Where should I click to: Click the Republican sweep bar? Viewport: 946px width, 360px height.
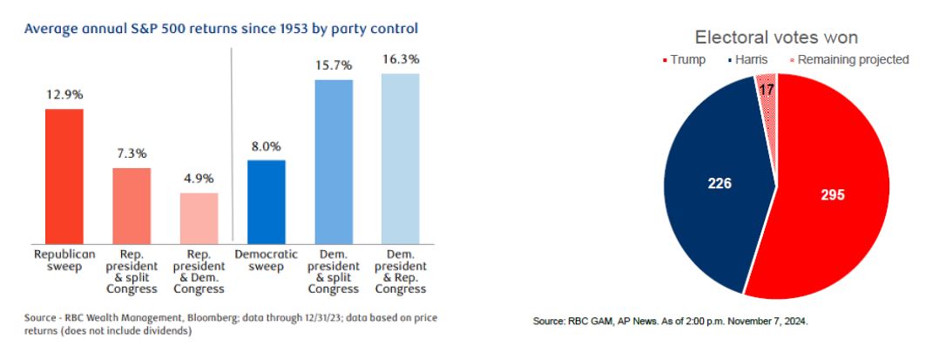(x=64, y=175)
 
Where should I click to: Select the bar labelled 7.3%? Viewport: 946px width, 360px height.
(x=132, y=205)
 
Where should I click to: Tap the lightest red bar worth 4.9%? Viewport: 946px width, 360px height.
(x=199, y=217)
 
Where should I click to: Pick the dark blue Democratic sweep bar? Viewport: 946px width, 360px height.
(x=266, y=200)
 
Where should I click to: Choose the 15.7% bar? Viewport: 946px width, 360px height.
(x=333, y=160)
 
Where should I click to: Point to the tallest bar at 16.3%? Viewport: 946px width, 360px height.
(x=400, y=158)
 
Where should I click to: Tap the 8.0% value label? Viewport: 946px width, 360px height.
(x=266, y=145)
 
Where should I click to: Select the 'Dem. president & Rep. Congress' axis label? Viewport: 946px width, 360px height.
(x=400, y=270)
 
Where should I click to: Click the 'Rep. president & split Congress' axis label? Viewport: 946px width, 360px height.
(x=132, y=270)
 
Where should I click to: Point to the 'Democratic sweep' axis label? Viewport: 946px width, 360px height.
(x=266, y=260)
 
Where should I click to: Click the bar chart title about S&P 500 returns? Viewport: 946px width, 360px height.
(x=221, y=29)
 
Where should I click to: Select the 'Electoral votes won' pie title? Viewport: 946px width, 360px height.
(x=776, y=37)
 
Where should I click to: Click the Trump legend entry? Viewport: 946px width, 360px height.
(x=689, y=59)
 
